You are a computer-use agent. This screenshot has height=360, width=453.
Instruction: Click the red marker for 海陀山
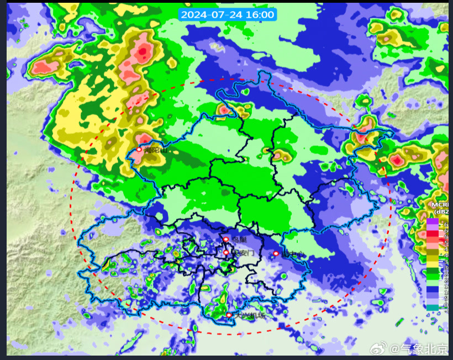point(139,149)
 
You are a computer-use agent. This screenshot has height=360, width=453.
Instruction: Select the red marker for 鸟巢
point(226,239)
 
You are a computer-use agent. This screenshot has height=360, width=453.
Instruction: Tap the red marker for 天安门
point(226,252)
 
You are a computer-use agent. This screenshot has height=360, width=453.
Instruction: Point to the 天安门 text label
point(243,253)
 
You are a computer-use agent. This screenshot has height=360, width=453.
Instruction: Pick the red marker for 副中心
point(276,253)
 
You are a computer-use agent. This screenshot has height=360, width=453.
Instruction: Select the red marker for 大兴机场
point(229,315)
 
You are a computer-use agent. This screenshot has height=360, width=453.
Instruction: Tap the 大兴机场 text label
point(251,316)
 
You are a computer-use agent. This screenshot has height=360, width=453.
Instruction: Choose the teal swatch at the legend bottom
point(432,307)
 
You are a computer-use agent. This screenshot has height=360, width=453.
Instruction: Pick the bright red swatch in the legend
point(432,235)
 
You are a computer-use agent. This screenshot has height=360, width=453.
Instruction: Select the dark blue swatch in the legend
point(432,287)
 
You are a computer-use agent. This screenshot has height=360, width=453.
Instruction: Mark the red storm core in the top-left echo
point(144,53)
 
